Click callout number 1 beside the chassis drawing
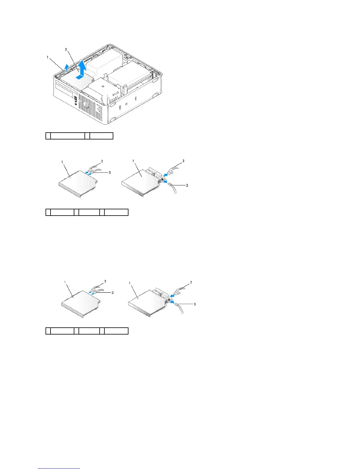tap(48, 57)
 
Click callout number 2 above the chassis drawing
tap(66, 49)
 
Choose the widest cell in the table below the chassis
tap(68, 136)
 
